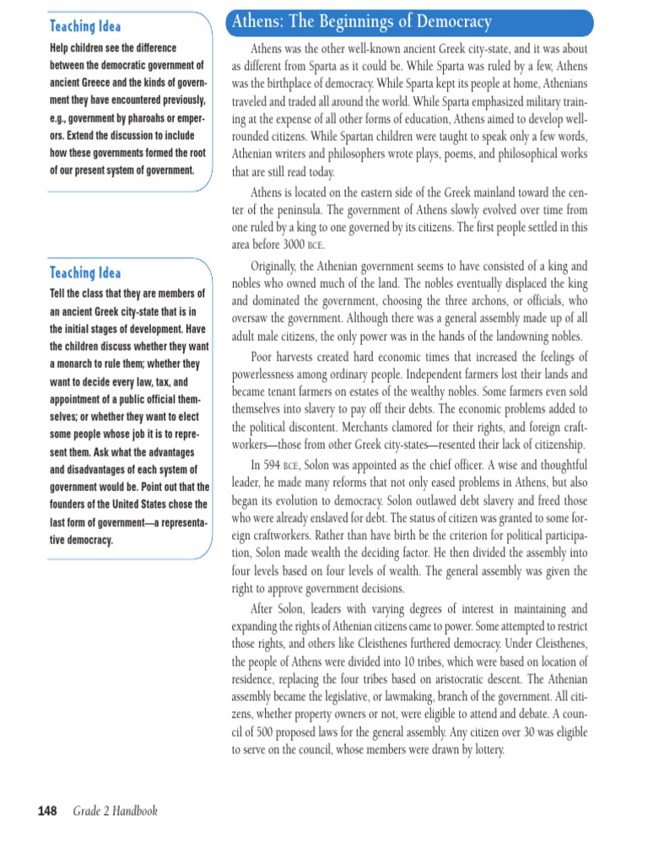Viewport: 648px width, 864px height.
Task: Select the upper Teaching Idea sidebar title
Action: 85,27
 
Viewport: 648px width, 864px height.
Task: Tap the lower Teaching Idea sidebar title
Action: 85,273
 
